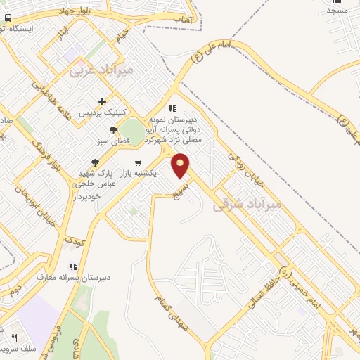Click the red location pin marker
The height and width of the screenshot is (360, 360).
tap(181, 166)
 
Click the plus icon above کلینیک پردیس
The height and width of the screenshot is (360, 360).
tap(103, 101)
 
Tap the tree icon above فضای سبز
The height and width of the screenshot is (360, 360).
tap(113, 129)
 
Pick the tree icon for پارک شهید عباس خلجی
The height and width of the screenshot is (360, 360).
tap(95, 162)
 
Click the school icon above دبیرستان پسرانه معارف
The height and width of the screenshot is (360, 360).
tap(72, 266)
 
